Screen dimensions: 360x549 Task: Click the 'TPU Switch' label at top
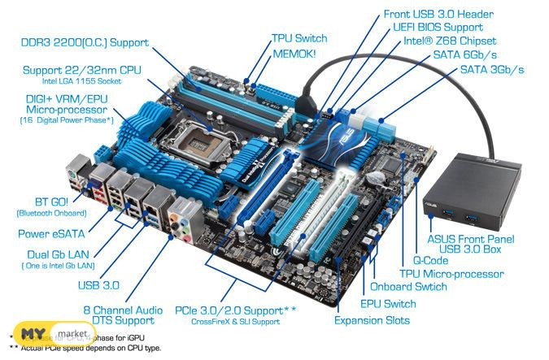[299, 38]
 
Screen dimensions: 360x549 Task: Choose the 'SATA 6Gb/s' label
[469, 54]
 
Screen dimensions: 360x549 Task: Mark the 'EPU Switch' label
[389, 303]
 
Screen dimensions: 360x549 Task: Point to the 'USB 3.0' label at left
[98, 284]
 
